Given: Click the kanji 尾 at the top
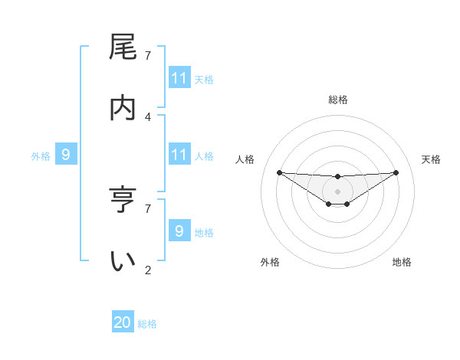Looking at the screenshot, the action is point(123,47).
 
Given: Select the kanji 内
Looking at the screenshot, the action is point(123,108).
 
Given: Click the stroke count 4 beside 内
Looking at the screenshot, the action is point(148,116).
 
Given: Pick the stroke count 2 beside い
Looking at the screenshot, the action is point(148,270).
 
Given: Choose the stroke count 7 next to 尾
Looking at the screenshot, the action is point(148,55).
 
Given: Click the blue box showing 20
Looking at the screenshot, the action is point(123,323).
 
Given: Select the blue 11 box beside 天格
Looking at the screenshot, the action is point(179,78).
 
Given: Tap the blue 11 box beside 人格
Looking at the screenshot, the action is point(179,155).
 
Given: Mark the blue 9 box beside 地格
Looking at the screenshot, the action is point(179,231).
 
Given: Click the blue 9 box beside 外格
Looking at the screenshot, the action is point(66,155).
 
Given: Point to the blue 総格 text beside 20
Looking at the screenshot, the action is point(147,324).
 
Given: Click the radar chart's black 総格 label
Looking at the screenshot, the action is point(337,100).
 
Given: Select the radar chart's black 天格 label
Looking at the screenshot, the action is point(432,159).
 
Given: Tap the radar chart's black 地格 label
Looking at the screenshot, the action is point(402,262).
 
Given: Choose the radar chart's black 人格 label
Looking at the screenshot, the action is point(245,159).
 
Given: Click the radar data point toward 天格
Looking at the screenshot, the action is point(396,172).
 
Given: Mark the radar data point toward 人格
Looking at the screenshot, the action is point(279,172).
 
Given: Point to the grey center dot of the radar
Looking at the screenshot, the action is point(337,191).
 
